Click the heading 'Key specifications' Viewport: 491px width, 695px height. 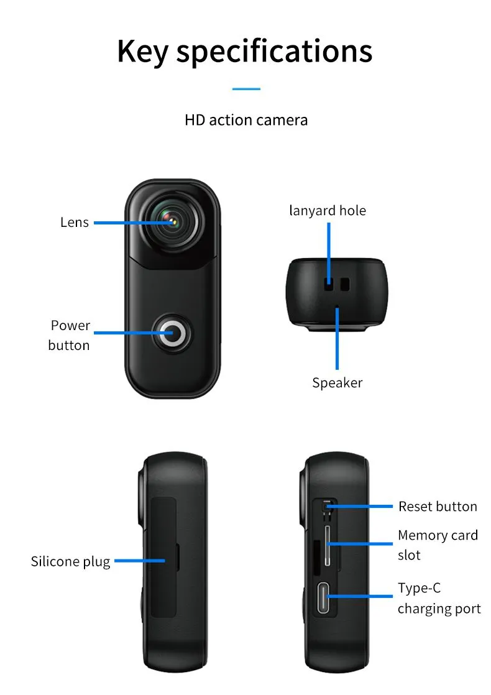245,52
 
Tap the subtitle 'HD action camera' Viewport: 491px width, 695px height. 246,120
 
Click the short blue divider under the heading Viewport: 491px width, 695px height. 246,89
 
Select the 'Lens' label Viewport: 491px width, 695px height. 75,222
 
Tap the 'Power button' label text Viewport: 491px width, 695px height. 70,335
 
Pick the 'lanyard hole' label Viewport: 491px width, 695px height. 328,211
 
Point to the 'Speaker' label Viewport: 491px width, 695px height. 337,382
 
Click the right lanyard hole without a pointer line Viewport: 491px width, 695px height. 345,284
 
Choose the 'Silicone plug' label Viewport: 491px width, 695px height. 70,561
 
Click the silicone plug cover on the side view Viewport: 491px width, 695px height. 164,557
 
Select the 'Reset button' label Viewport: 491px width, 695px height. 438,506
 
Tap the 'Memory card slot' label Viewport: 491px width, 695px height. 438,545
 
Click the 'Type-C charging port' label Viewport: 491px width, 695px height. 439,598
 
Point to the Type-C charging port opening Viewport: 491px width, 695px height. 323,597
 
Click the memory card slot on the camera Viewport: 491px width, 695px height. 328,546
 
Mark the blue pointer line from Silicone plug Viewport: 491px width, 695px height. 140,561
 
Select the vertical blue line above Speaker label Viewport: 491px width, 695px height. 337,338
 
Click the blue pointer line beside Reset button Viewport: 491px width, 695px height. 359,506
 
